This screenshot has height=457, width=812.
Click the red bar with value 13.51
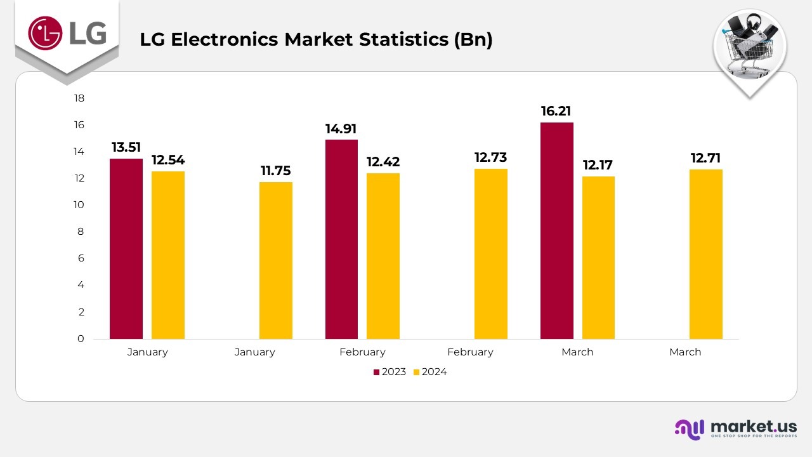[126, 249]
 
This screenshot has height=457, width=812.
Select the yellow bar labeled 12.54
[168, 255]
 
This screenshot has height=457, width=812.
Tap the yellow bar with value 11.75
[276, 260]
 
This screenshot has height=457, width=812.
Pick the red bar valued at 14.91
[341, 239]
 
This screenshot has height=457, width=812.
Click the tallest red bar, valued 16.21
[557, 230]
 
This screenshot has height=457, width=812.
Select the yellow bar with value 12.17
[598, 258]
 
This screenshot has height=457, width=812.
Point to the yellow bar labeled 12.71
[706, 254]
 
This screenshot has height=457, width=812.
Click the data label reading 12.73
[491, 157]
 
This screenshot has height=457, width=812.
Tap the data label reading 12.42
[383, 161]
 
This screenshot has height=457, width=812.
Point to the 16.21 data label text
[556, 112]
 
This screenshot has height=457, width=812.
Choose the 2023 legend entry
[390, 372]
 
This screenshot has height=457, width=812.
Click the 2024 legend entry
[430, 372]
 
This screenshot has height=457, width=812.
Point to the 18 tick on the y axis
[79, 98]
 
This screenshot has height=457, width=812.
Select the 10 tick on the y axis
[79, 205]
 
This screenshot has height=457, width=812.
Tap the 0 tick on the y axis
[81, 339]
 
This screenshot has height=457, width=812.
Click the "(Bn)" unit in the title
[473, 39]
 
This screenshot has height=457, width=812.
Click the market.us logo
[735, 428]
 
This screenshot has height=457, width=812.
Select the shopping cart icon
[749, 48]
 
